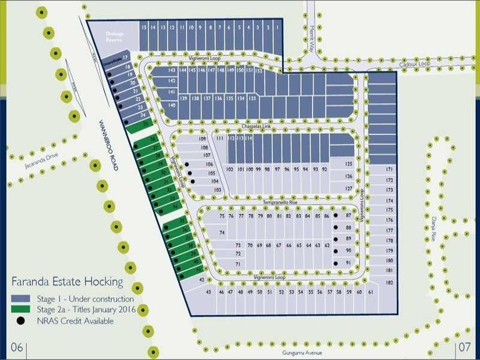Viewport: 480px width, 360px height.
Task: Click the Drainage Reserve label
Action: (x=115, y=37)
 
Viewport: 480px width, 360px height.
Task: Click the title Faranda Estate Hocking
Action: (x=67, y=281)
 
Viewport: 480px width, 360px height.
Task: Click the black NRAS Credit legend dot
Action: (x=21, y=321)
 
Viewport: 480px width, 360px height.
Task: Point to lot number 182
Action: (x=389, y=282)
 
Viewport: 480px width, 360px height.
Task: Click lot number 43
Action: (x=209, y=292)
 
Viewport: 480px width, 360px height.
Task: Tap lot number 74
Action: (x=221, y=232)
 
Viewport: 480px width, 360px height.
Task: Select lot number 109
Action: (x=202, y=139)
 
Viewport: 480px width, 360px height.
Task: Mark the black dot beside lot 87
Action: (x=336, y=215)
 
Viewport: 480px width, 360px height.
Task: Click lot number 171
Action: (x=389, y=170)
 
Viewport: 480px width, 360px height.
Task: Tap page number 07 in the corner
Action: (x=464, y=347)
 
